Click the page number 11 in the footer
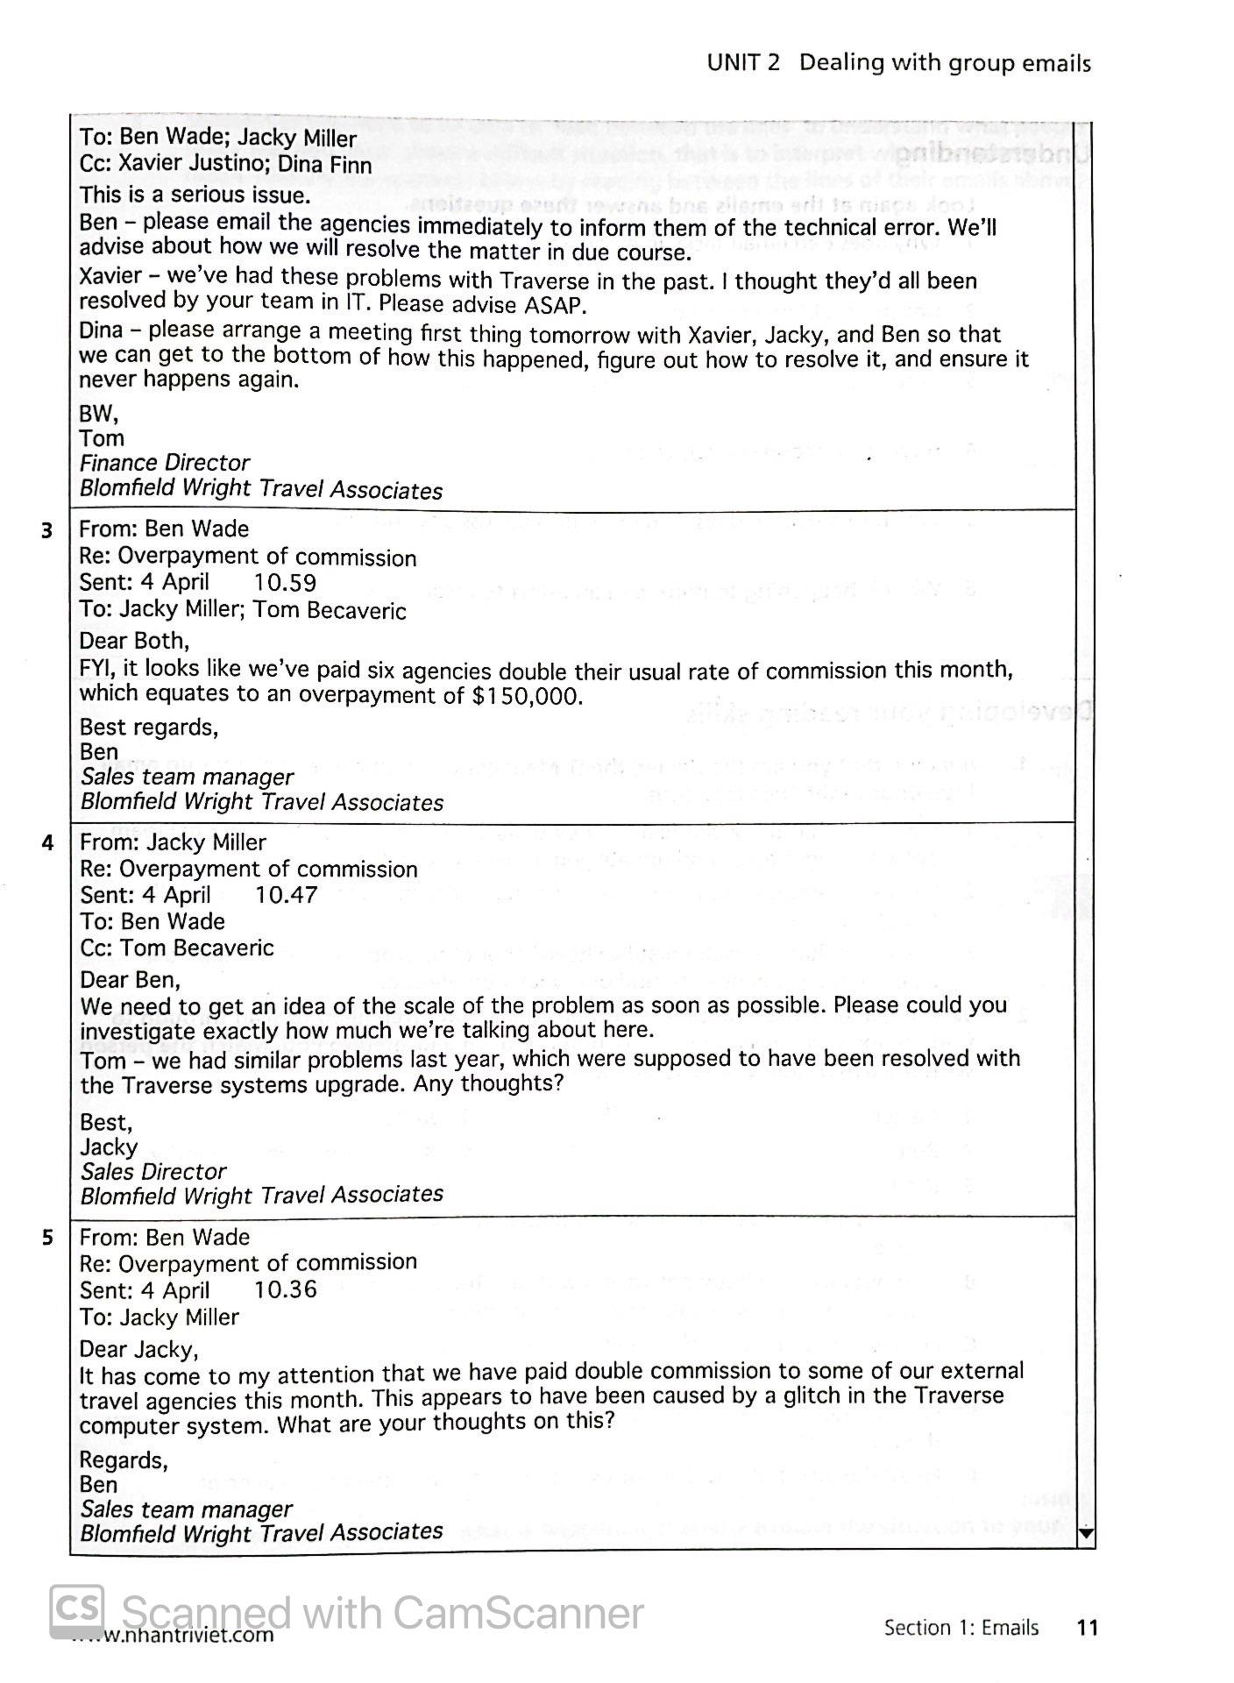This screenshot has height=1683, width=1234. pyautogui.click(x=1087, y=1628)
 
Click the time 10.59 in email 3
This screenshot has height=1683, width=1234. pyautogui.click(x=285, y=583)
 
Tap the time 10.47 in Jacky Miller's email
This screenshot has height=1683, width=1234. pyautogui.click(x=286, y=895)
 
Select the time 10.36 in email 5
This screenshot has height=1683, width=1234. pyautogui.click(x=285, y=1289)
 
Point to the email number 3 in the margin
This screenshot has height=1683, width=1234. pyautogui.click(x=47, y=530)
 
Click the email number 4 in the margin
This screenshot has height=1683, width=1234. pyautogui.click(x=47, y=843)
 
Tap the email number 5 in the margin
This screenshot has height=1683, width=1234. pyautogui.click(x=47, y=1238)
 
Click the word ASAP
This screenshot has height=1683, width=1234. pyautogui.click(x=554, y=305)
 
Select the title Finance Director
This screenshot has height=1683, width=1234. pyautogui.click(x=164, y=463)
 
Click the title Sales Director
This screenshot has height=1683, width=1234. pyautogui.click(x=153, y=1171)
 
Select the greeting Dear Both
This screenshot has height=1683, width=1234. pyautogui.click(x=134, y=641)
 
